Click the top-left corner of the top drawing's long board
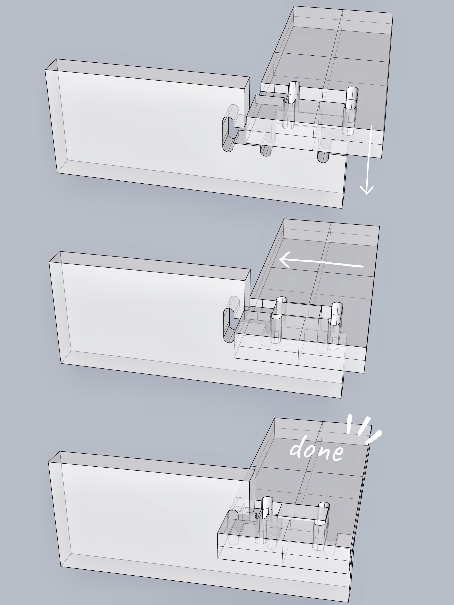point(45,70)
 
